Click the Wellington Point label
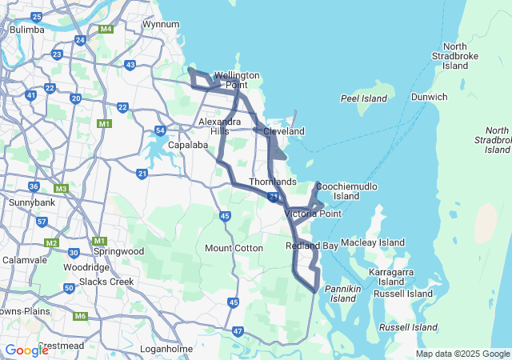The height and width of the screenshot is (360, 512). [237, 80]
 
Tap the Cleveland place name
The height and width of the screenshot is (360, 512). [284, 130]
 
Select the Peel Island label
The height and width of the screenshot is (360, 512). [363, 99]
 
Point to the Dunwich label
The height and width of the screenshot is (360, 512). [429, 98]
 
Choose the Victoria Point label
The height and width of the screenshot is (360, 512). [313, 214]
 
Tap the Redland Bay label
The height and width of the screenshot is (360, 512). [312, 246]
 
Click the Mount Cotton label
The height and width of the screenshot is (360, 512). [234, 248]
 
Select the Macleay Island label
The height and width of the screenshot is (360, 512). [373, 242]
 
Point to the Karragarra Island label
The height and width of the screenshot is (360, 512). [391, 277]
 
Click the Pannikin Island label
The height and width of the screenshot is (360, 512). [343, 293]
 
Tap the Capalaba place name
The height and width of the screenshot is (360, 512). [187, 146]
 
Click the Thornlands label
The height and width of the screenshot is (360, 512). [272, 182]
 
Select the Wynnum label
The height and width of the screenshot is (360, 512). [160, 24]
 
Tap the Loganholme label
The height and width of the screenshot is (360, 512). [163, 350]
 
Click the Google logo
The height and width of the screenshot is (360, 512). [26, 350]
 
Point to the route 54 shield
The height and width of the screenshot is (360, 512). [161, 130]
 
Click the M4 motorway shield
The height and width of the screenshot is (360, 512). [106, 30]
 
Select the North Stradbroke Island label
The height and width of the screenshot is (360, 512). [455, 55]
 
